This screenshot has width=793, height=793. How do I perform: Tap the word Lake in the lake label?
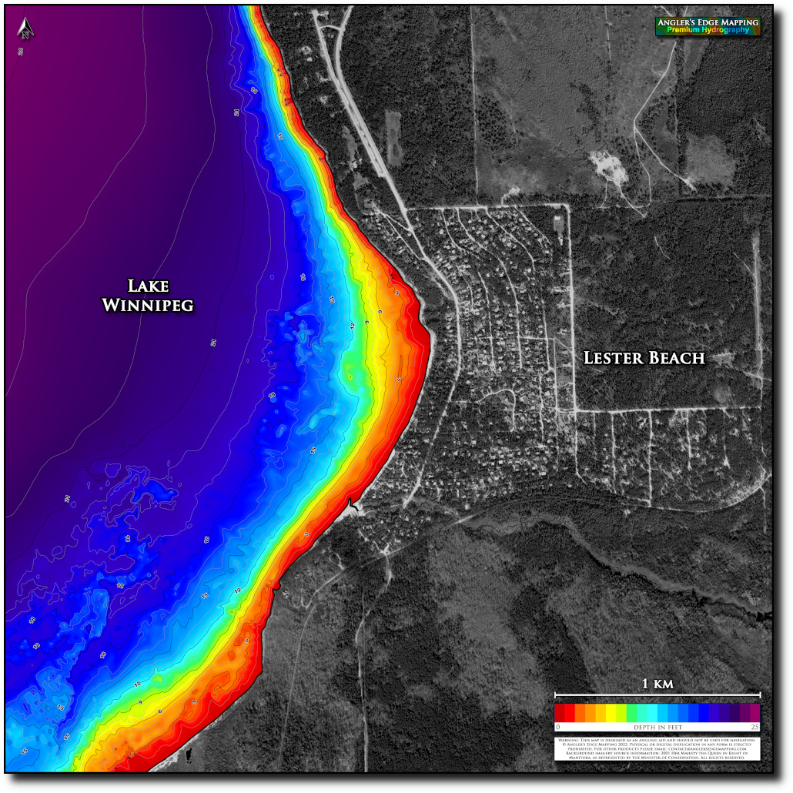coord(148,286)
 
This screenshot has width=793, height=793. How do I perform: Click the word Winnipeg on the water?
coord(148,306)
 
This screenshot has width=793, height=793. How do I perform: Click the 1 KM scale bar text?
coord(657,684)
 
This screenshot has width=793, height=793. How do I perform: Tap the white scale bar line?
coord(657,694)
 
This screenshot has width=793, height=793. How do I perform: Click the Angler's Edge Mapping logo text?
coord(708,23)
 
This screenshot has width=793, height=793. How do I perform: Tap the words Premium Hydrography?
coord(708,31)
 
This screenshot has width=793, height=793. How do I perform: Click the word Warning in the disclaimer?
coord(568,740)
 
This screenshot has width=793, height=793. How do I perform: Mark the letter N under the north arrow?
coord(26,33)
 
